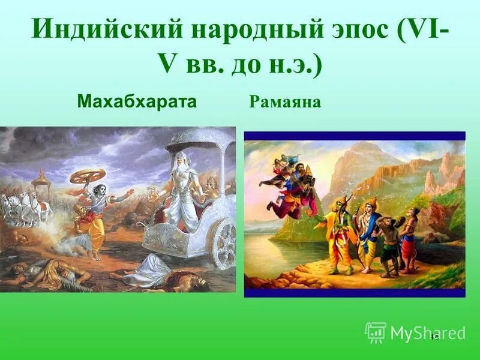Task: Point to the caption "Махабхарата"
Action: coord(137,101)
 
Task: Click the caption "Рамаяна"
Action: coord(285,102)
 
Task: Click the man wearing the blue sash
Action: coord(367,234)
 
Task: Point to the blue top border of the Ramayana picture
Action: coord(354,136)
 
